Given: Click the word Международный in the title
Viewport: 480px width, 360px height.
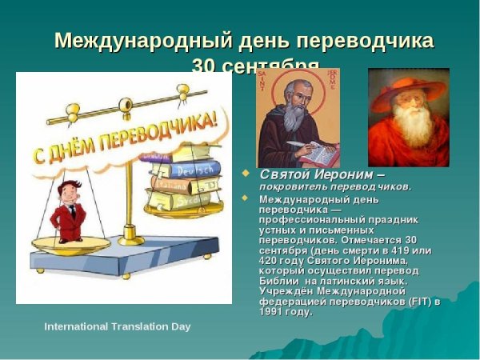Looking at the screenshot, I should (x=131, y=41).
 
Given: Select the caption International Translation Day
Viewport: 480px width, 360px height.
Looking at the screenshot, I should (x=118, y=327).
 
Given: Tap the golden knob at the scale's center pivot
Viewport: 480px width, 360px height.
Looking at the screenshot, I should (x=125, y=105).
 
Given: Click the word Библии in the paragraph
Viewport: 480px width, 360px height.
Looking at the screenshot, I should (x=279, y=281).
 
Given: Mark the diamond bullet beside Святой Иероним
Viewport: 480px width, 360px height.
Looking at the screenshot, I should (x=246, y=173).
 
